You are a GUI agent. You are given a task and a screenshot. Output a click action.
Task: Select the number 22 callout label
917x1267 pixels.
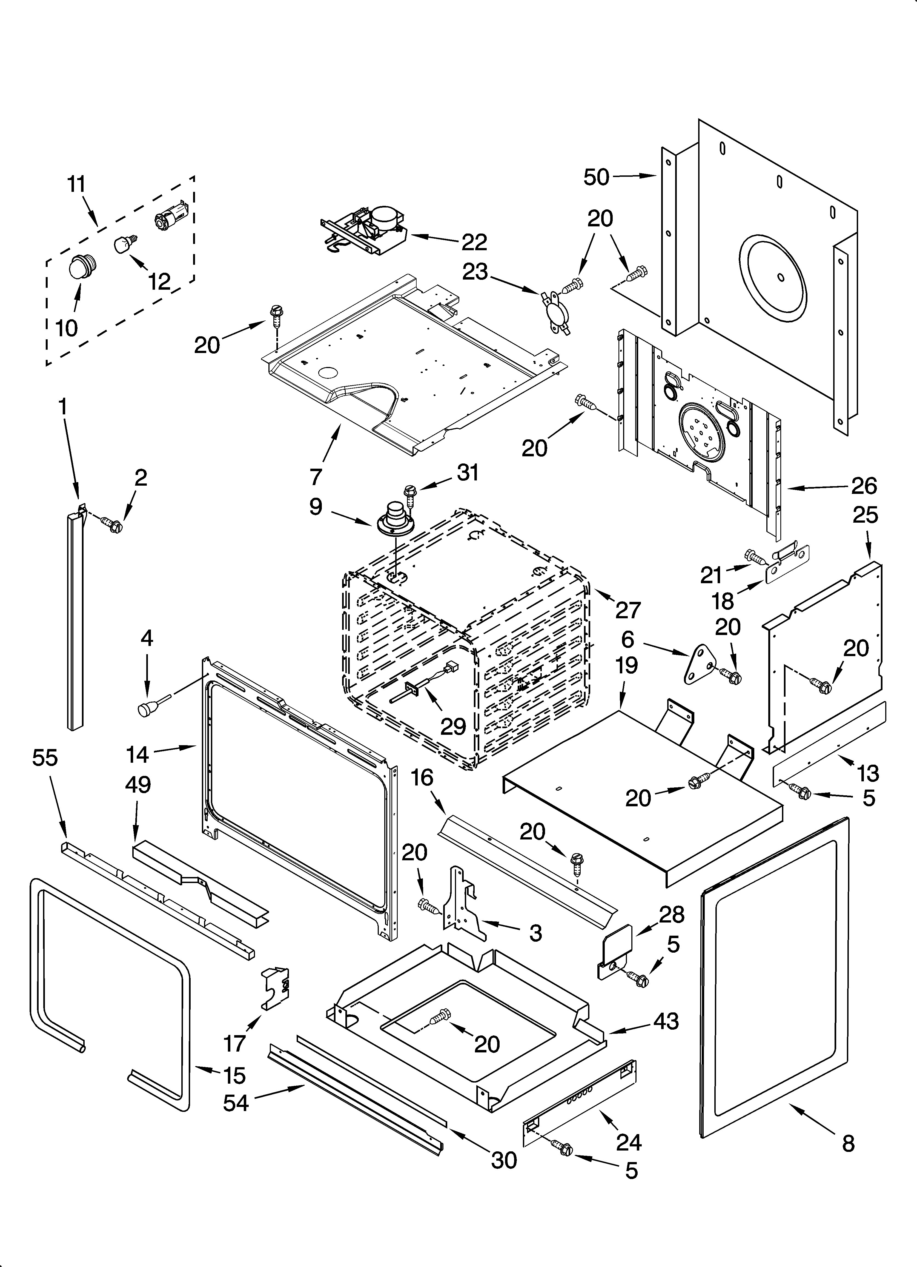(x=474, y=242)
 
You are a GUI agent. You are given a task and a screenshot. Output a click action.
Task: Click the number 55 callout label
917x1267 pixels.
(x=45, y=758)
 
